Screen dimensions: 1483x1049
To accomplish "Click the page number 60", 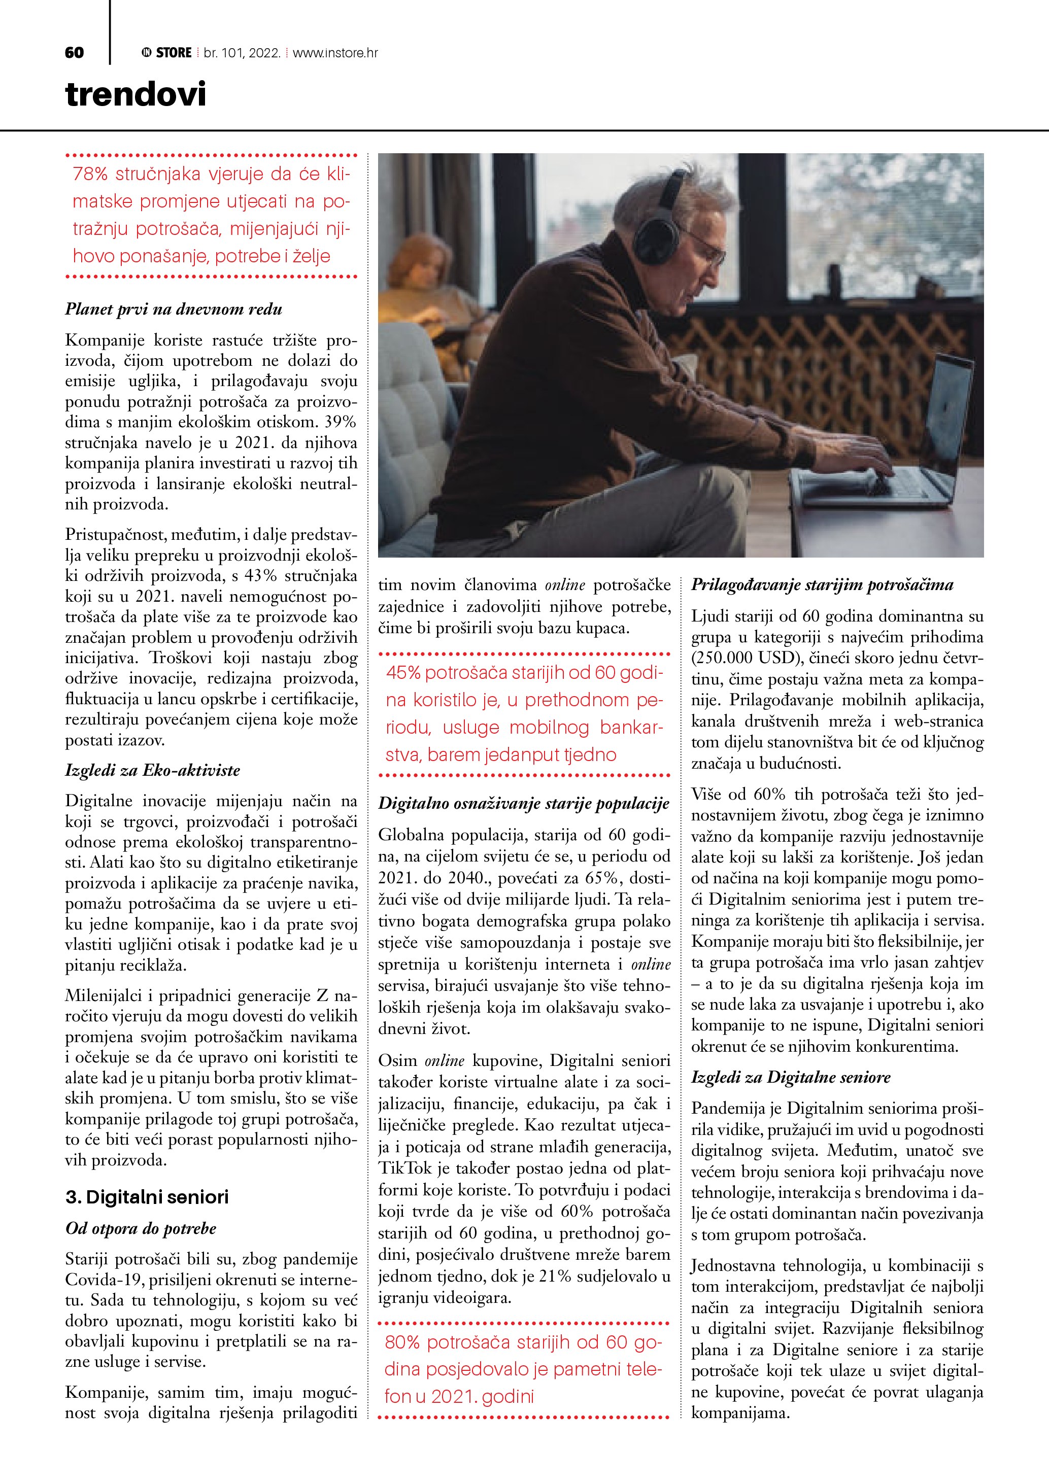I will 74,53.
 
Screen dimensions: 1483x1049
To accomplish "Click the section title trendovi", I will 136,94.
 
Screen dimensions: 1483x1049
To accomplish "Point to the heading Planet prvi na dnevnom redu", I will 174,309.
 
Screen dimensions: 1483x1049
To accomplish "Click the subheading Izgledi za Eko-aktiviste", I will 152,770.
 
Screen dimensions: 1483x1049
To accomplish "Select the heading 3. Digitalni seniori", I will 147,1197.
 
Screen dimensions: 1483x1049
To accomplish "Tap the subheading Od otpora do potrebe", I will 141,1228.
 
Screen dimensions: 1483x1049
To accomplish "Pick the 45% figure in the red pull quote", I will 403,673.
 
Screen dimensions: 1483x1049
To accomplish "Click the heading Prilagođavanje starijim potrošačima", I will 822,585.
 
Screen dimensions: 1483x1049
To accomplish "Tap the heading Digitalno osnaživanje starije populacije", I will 524,804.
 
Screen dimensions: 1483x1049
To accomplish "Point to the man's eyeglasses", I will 710,252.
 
